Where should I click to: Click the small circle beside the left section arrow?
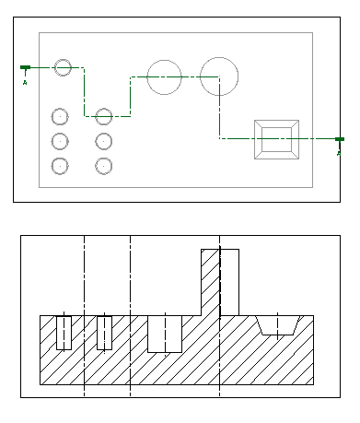(x=63, y=60)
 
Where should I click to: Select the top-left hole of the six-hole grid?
(x=60, y=109)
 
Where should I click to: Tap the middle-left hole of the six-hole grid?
(x=60, y=134)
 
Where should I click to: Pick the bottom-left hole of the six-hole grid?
(x=60, y=159)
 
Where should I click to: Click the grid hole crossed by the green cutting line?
(x=104, y=109)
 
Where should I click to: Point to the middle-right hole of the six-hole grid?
(x=104, y=134)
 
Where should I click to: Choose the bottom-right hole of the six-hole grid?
(x=104, y=159)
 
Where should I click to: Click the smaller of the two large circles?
(x=165, y=60)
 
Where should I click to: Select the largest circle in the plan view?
(x=219, y=57)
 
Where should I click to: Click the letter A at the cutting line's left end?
(x=25, y=83)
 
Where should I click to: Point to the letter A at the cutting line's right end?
(x=339, y=153)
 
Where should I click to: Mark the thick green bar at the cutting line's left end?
(x=25, y=67)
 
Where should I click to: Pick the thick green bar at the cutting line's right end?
(x=340, y=139)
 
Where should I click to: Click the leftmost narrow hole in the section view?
(x=64, y=333)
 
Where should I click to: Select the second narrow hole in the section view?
(x=104, y=333)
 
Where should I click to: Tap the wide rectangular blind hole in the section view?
(x=165, y=334)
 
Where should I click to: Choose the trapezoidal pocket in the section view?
(x=277, y=325)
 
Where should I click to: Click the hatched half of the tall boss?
(x=211, y=282)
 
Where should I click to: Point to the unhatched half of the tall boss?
(x=229, y=282)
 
